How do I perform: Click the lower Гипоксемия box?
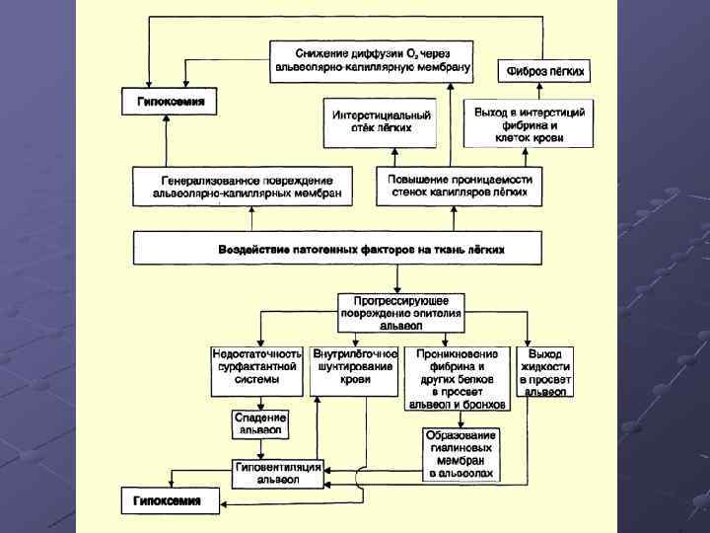point(168,499)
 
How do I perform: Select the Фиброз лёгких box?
point(546,71)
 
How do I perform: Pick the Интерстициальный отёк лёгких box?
point(367,120)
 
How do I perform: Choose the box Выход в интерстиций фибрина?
point(529,124)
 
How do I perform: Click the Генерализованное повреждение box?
point(247,186)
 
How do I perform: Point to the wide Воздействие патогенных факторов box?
point(338,248)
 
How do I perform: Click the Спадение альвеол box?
point(259,423)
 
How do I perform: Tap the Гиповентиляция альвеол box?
point(278,473)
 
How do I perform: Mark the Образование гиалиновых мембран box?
point(461,454)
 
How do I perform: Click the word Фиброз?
point(529,71)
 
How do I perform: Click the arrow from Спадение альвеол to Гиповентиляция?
point(260,449)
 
